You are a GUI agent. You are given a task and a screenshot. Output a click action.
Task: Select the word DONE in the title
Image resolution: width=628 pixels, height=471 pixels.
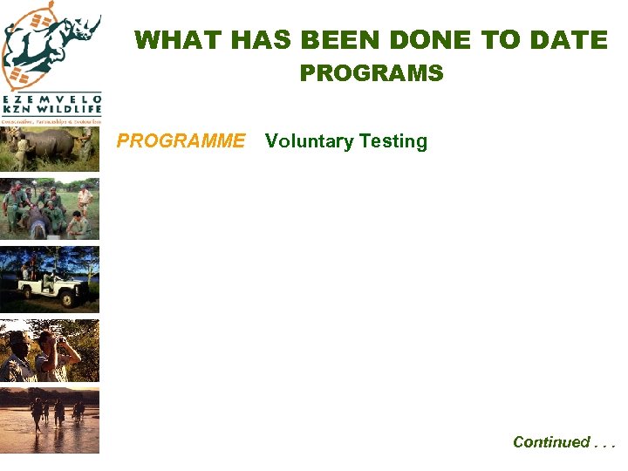pos(431,40)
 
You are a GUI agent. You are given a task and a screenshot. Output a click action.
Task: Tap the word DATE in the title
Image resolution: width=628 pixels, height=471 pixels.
pos(570,40)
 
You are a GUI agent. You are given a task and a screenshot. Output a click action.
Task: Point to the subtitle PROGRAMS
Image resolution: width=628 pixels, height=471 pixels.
pos(372,73)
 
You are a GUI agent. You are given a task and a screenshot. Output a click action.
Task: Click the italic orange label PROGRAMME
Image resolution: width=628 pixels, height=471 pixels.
pos(181,141)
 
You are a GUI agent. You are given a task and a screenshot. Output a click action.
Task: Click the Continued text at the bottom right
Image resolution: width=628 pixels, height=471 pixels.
pos(551,442)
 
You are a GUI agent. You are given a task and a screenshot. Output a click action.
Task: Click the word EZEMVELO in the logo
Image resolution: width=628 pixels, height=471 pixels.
pos(51,99)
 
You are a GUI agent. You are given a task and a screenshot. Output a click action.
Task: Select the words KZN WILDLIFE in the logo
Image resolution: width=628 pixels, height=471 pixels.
pos(51,111)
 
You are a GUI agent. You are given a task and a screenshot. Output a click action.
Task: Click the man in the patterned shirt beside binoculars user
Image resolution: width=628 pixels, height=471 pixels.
pos(17,358)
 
